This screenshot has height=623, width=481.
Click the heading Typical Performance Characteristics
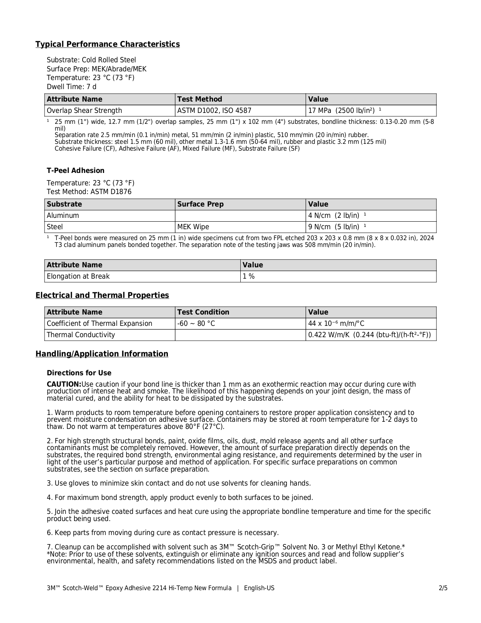108,44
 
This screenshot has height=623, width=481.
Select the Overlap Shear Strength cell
84,111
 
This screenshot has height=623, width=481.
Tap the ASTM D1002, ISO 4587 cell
214,111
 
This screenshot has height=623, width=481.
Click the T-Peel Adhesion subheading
75,171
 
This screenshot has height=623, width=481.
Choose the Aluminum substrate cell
63,216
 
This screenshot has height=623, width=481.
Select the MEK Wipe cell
193,227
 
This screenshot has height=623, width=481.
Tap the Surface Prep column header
200,204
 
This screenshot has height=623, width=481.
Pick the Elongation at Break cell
78,276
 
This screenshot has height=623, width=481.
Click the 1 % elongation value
249,276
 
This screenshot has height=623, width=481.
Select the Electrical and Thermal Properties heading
102,295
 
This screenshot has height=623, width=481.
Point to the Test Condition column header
203,312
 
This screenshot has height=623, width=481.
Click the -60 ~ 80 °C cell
196,324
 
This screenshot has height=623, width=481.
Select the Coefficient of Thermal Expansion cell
99,324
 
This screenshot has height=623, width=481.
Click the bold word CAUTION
64,384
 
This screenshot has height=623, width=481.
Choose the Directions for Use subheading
79,373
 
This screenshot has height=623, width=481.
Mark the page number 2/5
443,588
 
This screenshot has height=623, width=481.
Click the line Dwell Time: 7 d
72,87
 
